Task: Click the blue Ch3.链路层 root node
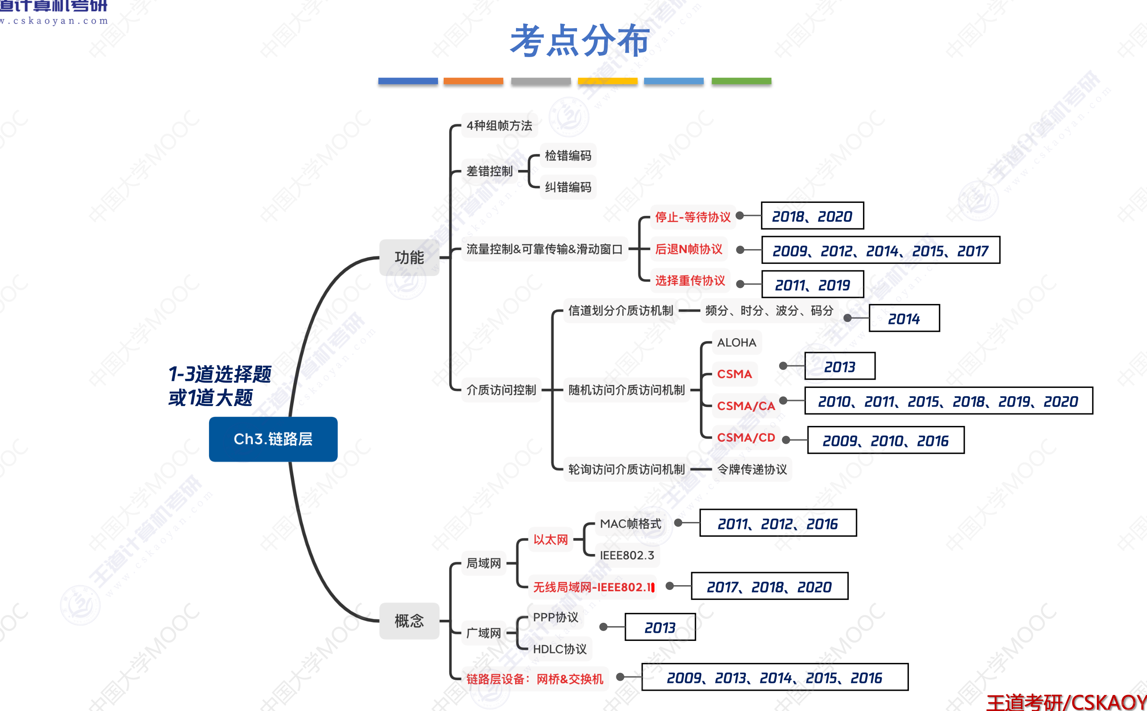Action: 273,439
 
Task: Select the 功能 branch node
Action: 409,257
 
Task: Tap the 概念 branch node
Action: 409,621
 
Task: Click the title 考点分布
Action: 580,41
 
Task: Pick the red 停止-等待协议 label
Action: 693,217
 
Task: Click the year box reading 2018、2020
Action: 812,216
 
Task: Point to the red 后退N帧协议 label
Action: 689,249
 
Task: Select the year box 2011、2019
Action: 812,285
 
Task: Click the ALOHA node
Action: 736,343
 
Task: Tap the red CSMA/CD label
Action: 746,437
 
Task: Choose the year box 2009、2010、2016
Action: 886,441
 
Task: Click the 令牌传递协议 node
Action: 752,469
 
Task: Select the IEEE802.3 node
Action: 627,555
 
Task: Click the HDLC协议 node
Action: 559,649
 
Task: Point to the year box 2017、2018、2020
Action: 769,586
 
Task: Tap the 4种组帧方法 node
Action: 499,125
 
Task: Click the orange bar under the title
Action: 473,81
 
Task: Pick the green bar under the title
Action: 741,81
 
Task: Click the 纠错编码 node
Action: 568,187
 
